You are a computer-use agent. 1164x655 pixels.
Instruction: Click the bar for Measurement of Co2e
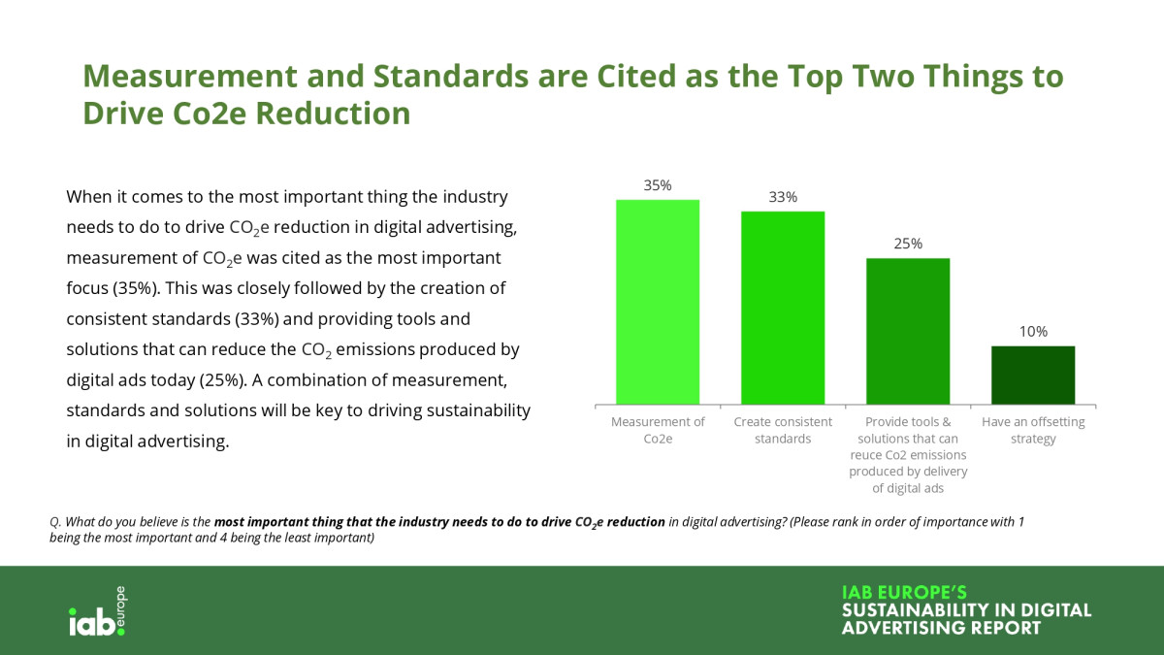(x=658, y=302)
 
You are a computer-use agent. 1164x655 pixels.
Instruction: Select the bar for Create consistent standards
(x=783, y=308)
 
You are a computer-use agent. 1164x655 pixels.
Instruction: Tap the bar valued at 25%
(x=908, y=331)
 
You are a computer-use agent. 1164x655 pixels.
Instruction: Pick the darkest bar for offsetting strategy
(x=1033, y=375)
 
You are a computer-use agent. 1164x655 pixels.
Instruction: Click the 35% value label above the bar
(x=658, y=185)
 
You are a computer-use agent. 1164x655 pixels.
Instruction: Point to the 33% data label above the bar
(x=783, y=197)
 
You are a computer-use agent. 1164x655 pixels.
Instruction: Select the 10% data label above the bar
(x=1033, y=331)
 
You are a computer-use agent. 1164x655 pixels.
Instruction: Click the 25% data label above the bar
(x=908, y=244)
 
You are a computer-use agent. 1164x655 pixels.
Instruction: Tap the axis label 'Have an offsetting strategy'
(x=1033, y=430)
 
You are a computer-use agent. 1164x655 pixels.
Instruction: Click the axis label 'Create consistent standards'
(x=783, y=430)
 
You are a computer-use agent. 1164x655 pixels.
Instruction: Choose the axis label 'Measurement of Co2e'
(x=658, y=430)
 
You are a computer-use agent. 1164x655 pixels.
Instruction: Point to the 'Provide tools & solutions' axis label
(x=908, y=454)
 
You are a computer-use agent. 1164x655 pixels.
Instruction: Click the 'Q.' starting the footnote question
(x=56, y=522)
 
